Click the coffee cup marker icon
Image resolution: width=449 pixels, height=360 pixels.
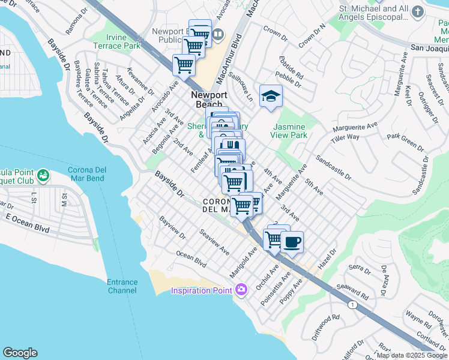[x=292, y=242]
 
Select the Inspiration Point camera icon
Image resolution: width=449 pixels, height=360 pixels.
[x=241, y=290]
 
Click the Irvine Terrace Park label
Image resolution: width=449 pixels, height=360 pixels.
[x=116, y=41]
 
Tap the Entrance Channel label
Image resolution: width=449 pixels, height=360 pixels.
[x=122, y=286]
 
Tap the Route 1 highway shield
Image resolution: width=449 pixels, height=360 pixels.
[x=353, y=305]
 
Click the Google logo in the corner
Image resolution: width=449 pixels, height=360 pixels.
[x=20, y=353]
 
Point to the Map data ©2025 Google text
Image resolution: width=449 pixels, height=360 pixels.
[x=411, y=355]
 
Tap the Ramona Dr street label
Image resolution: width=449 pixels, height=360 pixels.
[x=76, y=23]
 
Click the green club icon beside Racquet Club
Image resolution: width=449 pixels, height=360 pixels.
[x=42, y=176]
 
